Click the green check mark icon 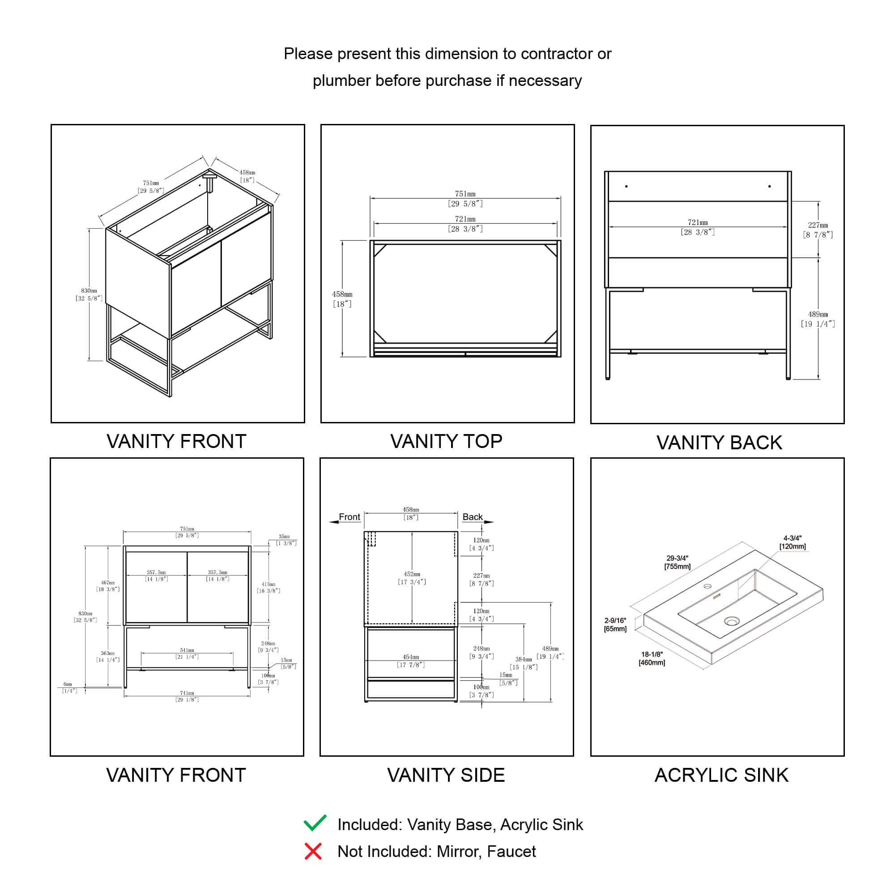pos(315,823)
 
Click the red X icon pos(313,852)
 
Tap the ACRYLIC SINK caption pos(721,776)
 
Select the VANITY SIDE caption pos(446,776)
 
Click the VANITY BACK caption pos(719,443)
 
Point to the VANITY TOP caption pos(446,442)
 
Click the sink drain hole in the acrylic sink pos(732,621)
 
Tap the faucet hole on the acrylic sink pos(707,587)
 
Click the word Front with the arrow pos(349,517)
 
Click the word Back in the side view pos(472,517)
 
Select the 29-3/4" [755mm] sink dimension pos(677,563)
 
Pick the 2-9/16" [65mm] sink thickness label pos(615,624)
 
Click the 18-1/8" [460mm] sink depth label pos(652,658)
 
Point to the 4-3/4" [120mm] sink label pos(792,542)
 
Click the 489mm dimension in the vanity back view pos(818,319)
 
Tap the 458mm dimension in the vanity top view pos(342,299)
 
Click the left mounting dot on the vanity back pos(626,187)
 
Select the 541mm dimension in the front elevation pos(187,653)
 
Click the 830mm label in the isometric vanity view pos(89,294)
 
